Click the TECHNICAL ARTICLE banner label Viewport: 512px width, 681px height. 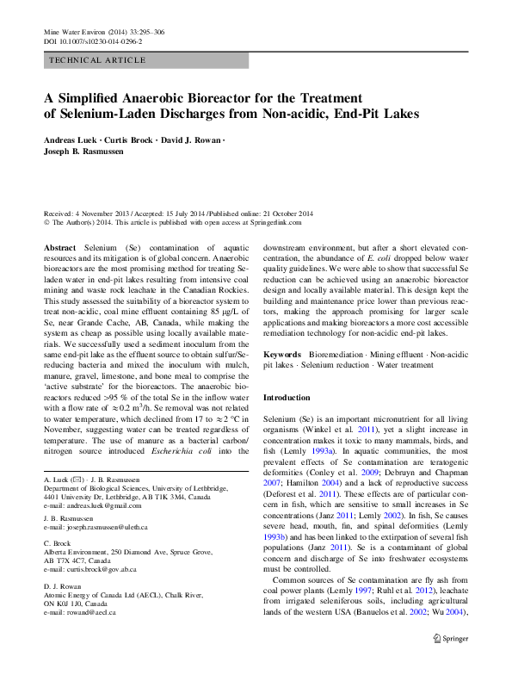coord(97,59)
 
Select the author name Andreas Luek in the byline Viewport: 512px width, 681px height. coord(71,139)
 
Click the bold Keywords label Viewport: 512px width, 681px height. coord(281,355)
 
